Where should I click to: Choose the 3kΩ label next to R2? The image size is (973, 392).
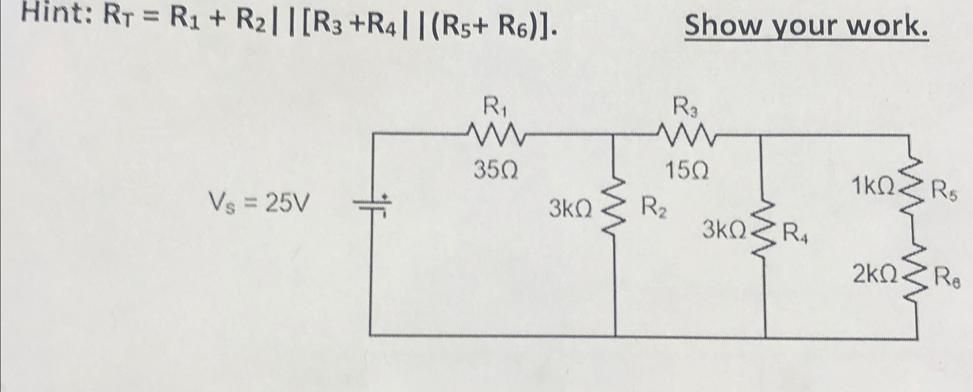tap(570, 209)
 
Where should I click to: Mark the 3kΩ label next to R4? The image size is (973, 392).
tap(724, 230)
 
